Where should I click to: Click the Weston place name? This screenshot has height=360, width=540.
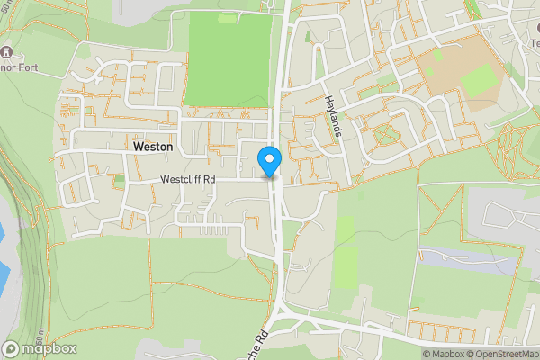153,146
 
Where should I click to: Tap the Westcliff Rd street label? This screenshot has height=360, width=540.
188,180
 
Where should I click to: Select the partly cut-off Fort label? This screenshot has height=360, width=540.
16,66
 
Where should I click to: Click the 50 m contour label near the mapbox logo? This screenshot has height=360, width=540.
6,335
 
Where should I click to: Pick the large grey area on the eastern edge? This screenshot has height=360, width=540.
508,216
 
